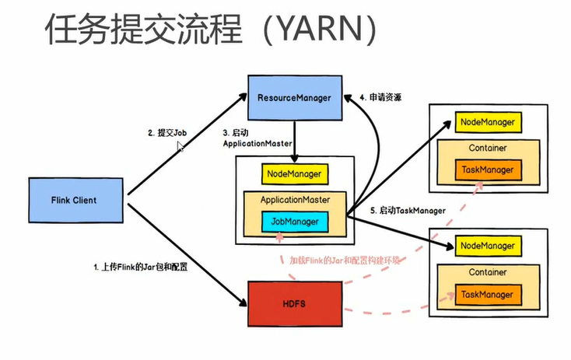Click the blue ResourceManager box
click(x=294, y=98)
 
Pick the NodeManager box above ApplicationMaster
click(x=295, y=174)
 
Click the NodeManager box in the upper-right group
click(x=488, y=123)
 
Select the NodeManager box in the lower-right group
click(x=488, y=246)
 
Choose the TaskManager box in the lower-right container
click(x=488, y=295)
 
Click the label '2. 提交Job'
click(x=167, y=133)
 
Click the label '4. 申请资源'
click(x=384, y=98)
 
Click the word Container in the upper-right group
click(x=488, y=147)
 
